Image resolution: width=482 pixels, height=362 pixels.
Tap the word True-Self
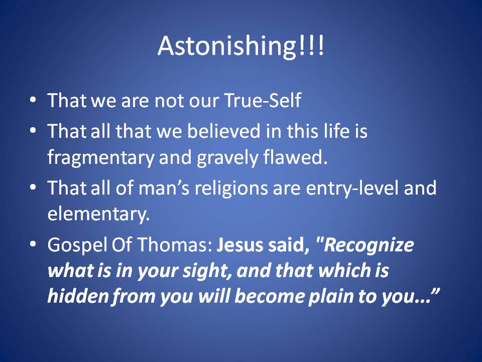pyautogui.click(x=263, y=101)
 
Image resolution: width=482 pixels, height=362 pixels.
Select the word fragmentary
pyautogui.click(x=101, y=158)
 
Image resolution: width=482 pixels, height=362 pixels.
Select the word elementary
pyautogui.click(x=98, y=215)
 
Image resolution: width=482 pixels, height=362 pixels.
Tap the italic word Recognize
pyautogui.click(x=369, y=245)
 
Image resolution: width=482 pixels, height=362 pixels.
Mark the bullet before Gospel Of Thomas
pyautogui.click(x=33, y=244)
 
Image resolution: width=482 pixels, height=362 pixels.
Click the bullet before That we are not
pyautogui.click(x=33, y=100)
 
